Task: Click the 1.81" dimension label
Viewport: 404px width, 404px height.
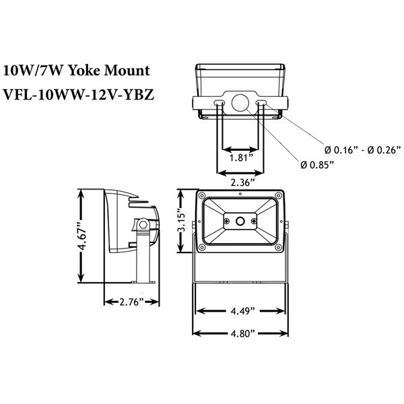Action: point(239,158)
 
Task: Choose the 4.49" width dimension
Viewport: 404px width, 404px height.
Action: point(240,311)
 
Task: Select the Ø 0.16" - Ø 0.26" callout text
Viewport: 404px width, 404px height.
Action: point(362,149)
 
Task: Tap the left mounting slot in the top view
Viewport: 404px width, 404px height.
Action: point(220,103)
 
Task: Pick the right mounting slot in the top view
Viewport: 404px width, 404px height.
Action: point(261,103)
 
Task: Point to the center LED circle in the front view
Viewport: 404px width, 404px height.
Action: point(240,220)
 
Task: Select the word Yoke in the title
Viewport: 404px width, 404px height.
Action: point(90,70)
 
